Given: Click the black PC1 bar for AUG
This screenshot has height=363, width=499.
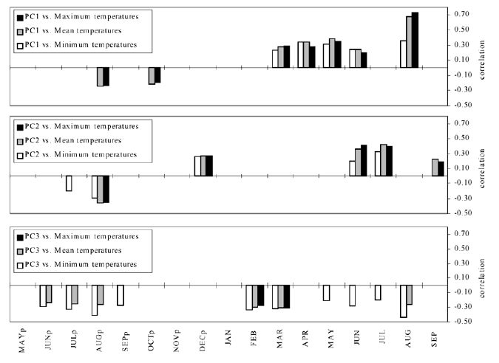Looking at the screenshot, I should tap(415, 41).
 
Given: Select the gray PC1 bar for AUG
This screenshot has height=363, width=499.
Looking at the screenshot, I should tap(409, 42).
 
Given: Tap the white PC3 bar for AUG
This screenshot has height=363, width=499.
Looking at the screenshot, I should tap(403, 301).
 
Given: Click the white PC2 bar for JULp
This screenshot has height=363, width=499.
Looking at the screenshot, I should tap(69, 183).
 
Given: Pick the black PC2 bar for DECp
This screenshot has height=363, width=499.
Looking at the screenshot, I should tap(209, 166).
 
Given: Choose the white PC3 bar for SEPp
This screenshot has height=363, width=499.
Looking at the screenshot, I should tap(120, 295).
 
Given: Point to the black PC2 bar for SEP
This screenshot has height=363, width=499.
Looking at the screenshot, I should tap(441, 169).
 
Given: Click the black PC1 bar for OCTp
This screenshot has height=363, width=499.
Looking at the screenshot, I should tap(157, 75).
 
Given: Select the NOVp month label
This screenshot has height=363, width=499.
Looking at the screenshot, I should tap(177, 345).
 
